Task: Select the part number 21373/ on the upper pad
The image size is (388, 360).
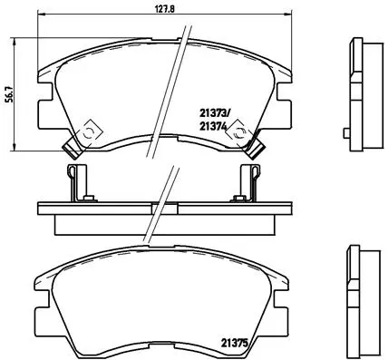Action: click(x=215, y=113)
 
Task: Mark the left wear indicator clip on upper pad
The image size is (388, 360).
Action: click(x=81, y=134)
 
